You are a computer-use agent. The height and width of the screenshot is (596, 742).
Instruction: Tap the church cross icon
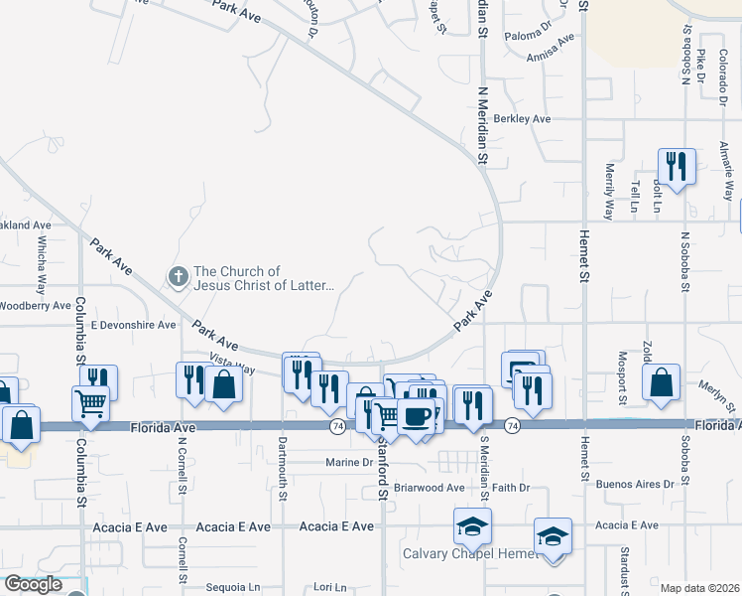click(179, 276)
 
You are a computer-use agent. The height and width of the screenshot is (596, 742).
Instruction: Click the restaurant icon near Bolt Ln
click(677, 166)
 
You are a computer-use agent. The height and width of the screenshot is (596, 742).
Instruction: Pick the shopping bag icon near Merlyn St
click(661, 383)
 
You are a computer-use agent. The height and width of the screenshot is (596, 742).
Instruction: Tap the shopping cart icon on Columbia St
click(90, 403)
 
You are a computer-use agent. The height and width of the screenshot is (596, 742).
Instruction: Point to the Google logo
click(33, 584)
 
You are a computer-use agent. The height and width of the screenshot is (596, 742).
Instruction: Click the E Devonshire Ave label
click(133, 325)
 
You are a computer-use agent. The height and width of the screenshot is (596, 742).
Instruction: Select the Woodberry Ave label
click(36, 305)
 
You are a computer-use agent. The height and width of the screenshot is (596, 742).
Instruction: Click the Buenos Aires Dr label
click(642, 485)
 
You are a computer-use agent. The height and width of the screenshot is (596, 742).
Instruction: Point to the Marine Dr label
click(351, 463)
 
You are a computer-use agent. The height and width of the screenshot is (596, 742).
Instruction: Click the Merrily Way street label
click(608, 188)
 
